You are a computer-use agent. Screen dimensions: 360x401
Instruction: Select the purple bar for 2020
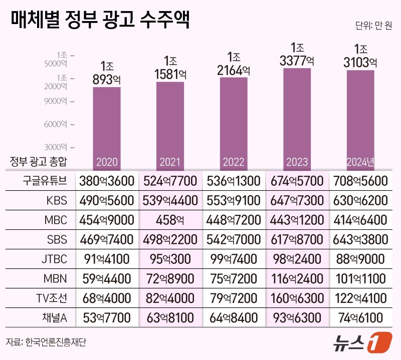coord(106,125)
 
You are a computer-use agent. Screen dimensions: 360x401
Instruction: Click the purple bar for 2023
coord(297,115)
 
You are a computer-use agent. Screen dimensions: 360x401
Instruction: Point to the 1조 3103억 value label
coord(360,56)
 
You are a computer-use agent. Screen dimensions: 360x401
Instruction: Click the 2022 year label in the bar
coord(233,162)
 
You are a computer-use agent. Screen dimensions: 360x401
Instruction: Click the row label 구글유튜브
coord(45,181)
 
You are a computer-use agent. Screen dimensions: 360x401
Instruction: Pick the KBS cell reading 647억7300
coord(297,201)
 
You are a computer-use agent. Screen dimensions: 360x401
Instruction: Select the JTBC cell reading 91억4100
coord(106,259)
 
